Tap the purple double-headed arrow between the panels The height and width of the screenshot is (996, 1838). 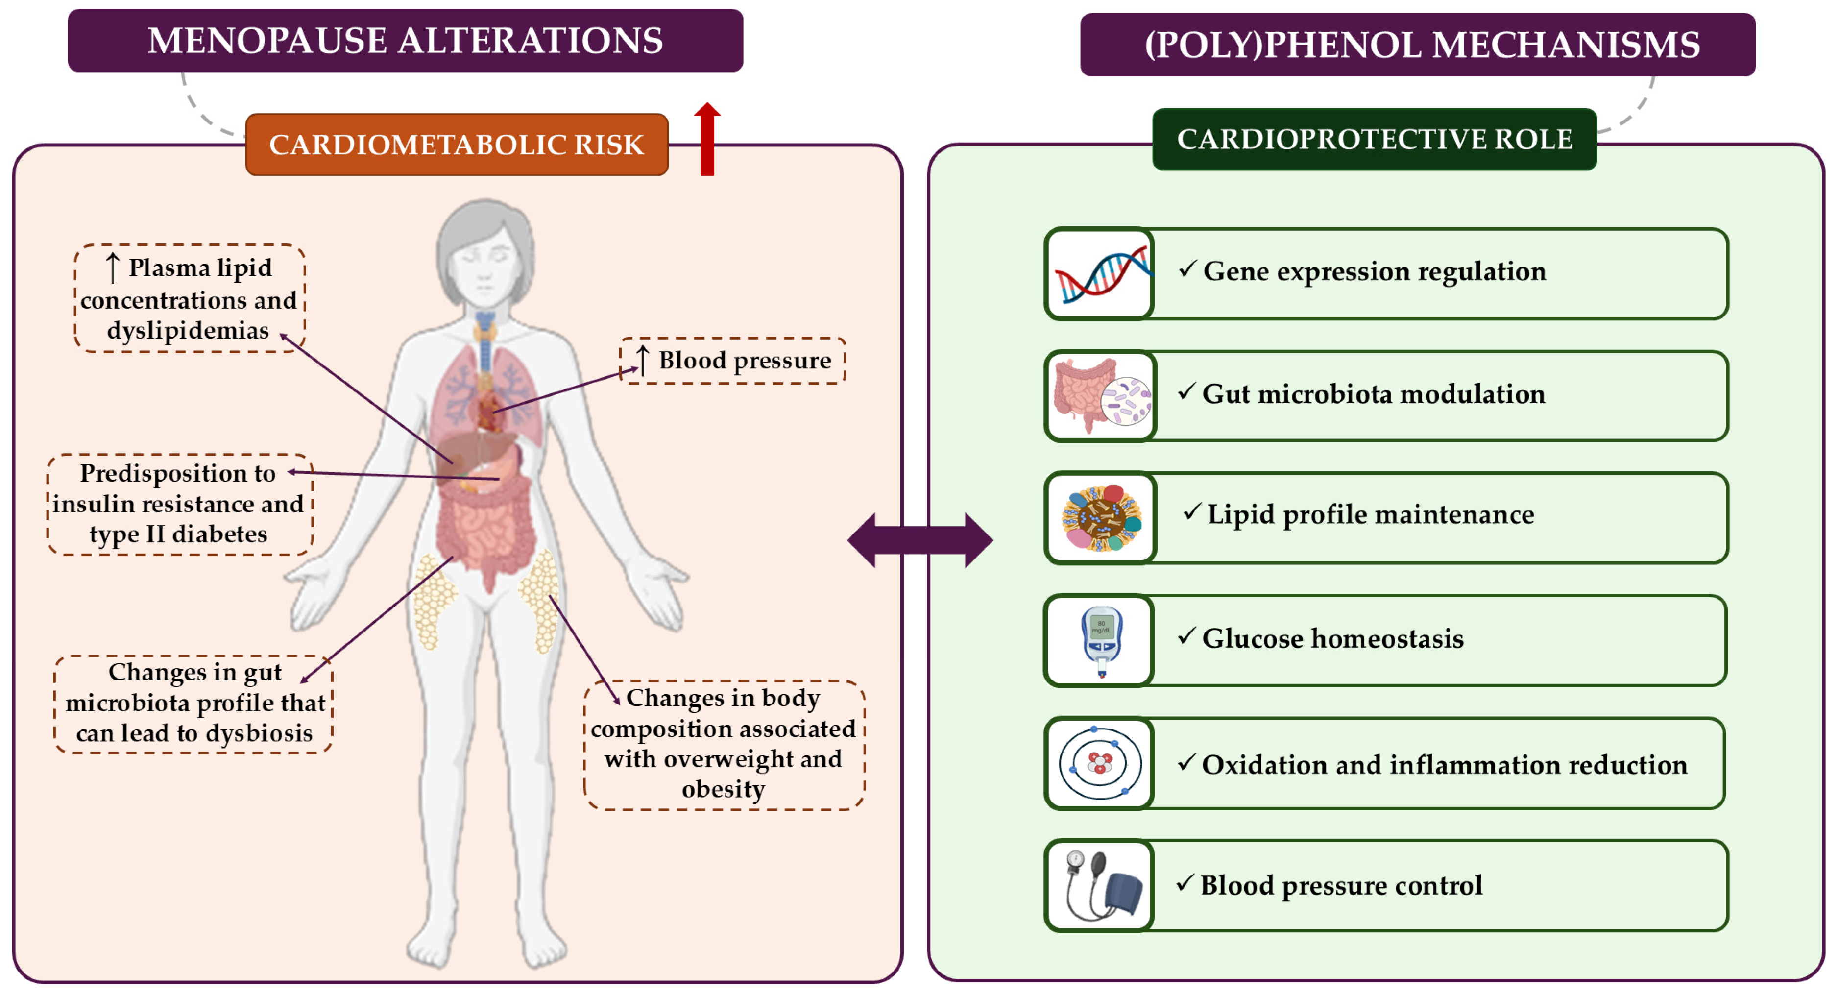point(919,540)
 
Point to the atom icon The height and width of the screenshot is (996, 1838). point(1100,763)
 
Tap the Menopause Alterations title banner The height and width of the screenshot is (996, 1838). point(405,41)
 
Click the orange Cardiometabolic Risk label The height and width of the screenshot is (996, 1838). point(457,145)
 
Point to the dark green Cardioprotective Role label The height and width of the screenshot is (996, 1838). point(1374,140)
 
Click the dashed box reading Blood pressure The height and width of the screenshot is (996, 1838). point(733,361)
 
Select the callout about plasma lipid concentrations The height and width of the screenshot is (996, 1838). point(189,299)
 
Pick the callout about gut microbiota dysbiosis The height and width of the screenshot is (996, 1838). point(193,704)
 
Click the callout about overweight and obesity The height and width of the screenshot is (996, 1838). point(724,744)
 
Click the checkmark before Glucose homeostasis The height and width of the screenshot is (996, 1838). point(1186,636)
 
